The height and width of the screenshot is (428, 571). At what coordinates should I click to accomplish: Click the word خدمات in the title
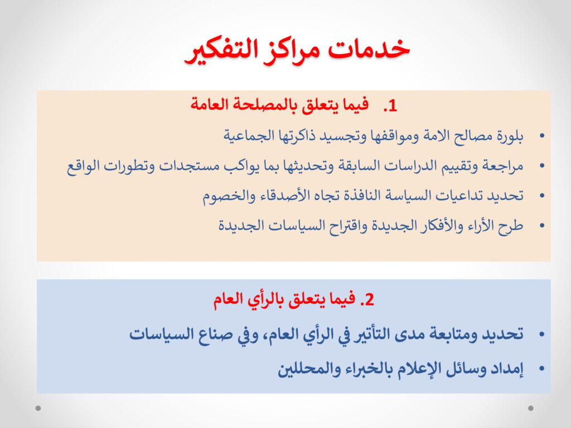click(369, 49)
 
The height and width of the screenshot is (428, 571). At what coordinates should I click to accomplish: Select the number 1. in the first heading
click(390, 106)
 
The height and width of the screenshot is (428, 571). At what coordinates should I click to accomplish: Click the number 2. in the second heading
click(367, 300)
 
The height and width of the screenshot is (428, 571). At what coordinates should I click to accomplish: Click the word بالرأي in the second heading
click(266, 300)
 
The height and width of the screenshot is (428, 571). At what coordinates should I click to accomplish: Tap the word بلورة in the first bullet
click(509, 136)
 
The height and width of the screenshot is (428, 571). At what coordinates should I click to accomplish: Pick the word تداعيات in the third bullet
click(456, 196)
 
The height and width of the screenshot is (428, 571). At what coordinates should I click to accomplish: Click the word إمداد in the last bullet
click(507, 369)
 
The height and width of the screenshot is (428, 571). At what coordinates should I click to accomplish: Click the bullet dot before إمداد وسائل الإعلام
click(542, 369)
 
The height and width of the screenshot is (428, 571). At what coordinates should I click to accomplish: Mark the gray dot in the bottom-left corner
click(38, 408)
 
